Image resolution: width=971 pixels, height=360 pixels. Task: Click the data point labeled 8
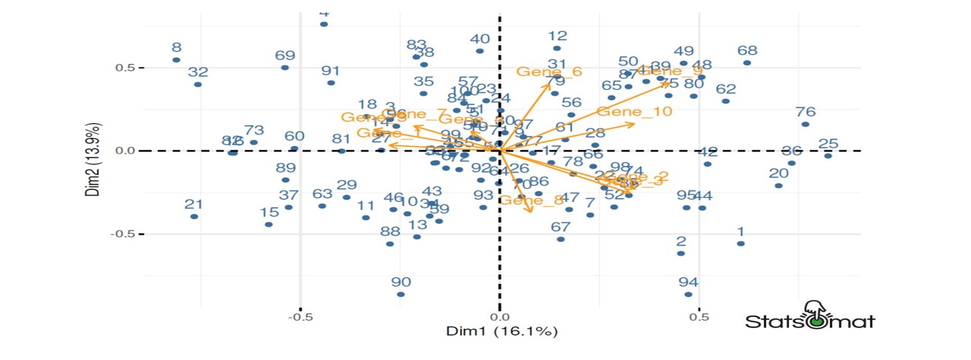tap(176, 60)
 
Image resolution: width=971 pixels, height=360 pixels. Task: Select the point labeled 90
tap(400, 294)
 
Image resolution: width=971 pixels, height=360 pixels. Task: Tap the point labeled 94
tap(688, 294)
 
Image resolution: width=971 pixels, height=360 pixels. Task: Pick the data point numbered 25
tap(828, 156)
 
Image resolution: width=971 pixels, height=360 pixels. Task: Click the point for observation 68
tap(747, 63)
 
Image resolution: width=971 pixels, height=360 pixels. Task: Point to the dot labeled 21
tap(194, 217)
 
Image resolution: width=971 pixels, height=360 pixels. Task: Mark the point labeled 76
tap(805, 124)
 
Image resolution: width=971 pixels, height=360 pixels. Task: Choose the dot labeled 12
tap(557, 48)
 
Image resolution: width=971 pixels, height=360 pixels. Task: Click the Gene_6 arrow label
tap(549, 71)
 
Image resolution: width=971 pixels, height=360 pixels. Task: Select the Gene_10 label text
tap(634, 111)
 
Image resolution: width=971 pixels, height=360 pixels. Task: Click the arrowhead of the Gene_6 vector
tap(549, 84)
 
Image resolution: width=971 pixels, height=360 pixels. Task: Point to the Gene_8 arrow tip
tap(531, 211)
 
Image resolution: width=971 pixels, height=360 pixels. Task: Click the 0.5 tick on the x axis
tap(699, 317)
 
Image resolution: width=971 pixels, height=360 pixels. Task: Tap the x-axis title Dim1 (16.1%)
tap(502, 331)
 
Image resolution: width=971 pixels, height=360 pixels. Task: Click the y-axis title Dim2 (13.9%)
tap(93, 159)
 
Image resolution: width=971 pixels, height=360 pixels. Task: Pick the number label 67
tap(560, 227)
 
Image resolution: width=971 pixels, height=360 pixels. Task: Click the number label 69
tap(284, 55)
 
